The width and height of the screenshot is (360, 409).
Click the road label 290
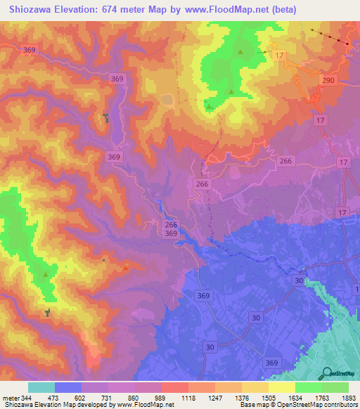[x=328, y=82]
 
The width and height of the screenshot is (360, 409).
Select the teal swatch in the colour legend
[x=41, y=387]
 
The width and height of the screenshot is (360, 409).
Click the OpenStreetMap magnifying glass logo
[x=328, y=372]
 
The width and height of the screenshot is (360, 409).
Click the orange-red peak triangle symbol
[x=126, y=266]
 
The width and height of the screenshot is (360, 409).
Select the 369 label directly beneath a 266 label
[x=171, y=233]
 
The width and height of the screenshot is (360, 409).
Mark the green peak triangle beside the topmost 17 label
[x=240, y=51]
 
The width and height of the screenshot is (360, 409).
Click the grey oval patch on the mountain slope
[x=167, y=99]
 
